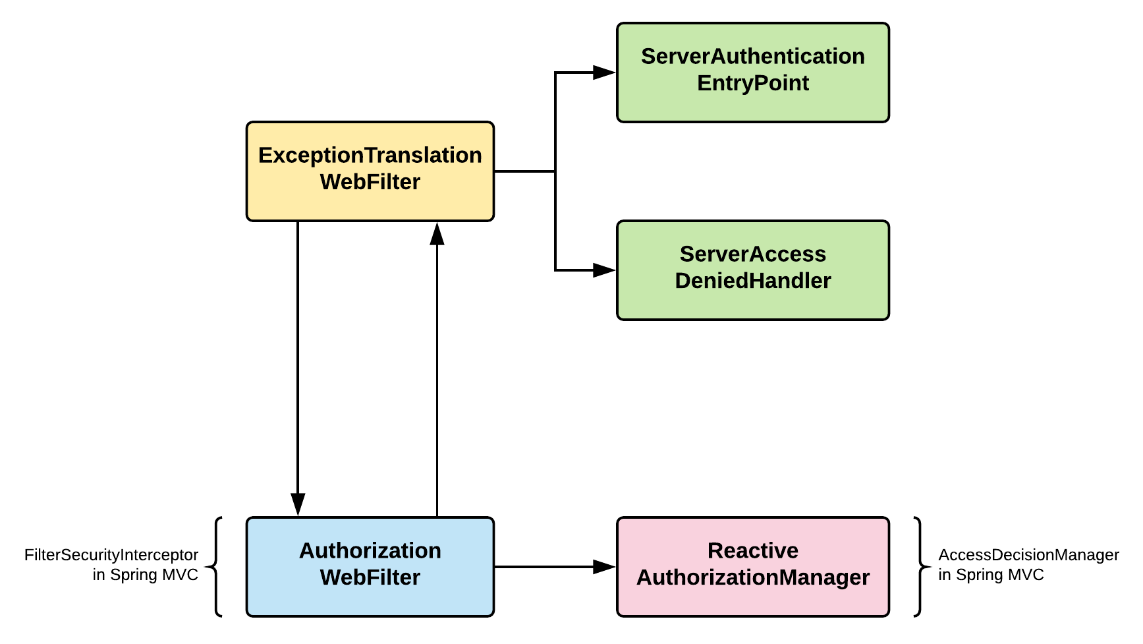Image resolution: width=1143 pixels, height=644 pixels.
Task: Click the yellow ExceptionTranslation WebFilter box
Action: [370, 171]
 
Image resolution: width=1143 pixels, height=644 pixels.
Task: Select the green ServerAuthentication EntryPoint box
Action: [753, 73]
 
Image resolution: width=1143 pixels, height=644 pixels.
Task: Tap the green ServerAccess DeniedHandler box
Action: [753, 270]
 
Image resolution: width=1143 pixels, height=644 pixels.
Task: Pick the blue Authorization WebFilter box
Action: [370, 567]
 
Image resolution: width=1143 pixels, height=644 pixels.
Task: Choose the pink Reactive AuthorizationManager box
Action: [753, 567]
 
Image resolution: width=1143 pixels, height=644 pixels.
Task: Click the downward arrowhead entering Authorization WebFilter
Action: [298, 505]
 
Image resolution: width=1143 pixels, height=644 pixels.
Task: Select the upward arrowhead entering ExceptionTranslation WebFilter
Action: [437, 233]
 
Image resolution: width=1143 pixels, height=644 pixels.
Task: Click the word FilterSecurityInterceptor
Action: [111, 555]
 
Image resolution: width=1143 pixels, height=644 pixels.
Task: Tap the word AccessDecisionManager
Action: [1028, 555]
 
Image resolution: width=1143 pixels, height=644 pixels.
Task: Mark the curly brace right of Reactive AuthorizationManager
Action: [922, 567]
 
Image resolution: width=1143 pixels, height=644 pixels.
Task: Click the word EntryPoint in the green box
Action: [753, 84]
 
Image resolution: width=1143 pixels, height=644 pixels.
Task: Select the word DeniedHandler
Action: [753, 281]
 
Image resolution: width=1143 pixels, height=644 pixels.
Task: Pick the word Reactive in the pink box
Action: [753, 550]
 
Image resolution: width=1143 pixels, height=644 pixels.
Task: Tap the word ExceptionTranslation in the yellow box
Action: [370, 156]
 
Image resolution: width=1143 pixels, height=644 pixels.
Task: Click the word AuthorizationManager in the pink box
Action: [753, 577]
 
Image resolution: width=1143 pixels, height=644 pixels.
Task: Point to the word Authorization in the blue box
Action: [370, 550]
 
